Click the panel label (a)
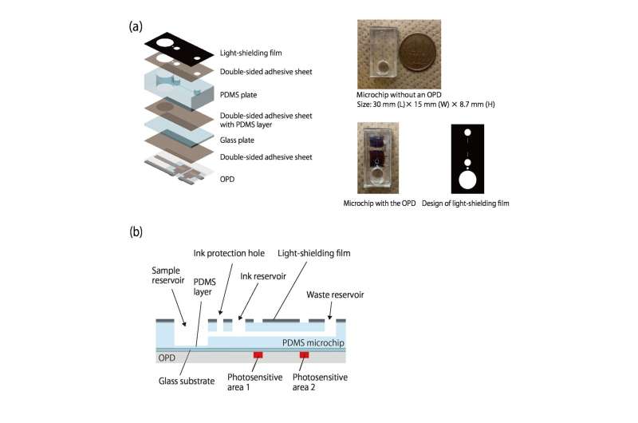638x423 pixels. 136,26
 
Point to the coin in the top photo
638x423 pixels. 416,53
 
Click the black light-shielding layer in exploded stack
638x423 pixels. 183,47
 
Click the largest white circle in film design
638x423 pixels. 469,179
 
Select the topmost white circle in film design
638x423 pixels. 469,132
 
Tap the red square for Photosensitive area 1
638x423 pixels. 258,354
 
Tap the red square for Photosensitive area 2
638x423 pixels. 304,354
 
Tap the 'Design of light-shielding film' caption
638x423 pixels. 466,204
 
